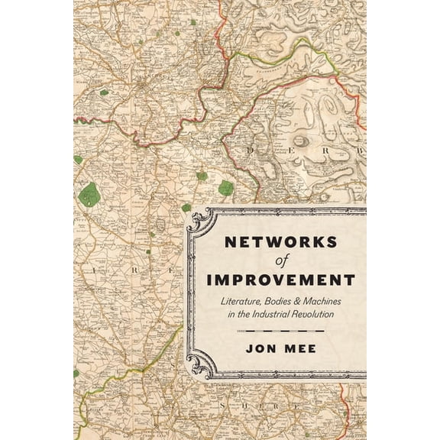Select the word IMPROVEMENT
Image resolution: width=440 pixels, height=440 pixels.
pos(279,280)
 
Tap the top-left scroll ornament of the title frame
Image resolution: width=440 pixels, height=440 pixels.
pos(200,222)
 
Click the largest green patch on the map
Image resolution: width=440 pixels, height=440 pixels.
pos(89,195)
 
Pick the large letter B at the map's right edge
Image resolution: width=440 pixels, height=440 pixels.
pos(360,151)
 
